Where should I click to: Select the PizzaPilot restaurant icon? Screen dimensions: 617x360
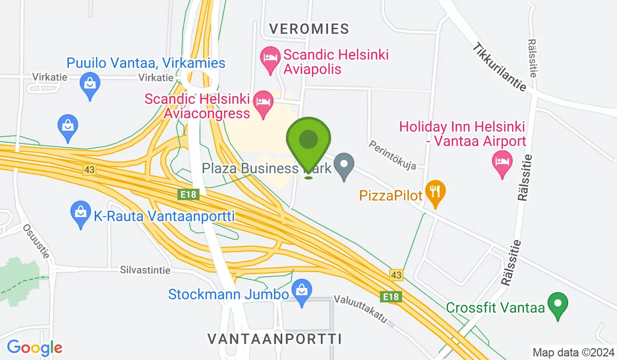tap(435, 193)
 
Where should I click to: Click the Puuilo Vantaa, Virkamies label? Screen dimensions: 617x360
tap(146, 63)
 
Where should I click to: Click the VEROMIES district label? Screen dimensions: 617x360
tap(309, 29)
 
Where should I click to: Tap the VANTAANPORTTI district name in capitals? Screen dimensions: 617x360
tap(275, 338)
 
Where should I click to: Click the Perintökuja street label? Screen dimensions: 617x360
tap(392, 155)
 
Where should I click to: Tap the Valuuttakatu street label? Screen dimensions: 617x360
tap(360, 310)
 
